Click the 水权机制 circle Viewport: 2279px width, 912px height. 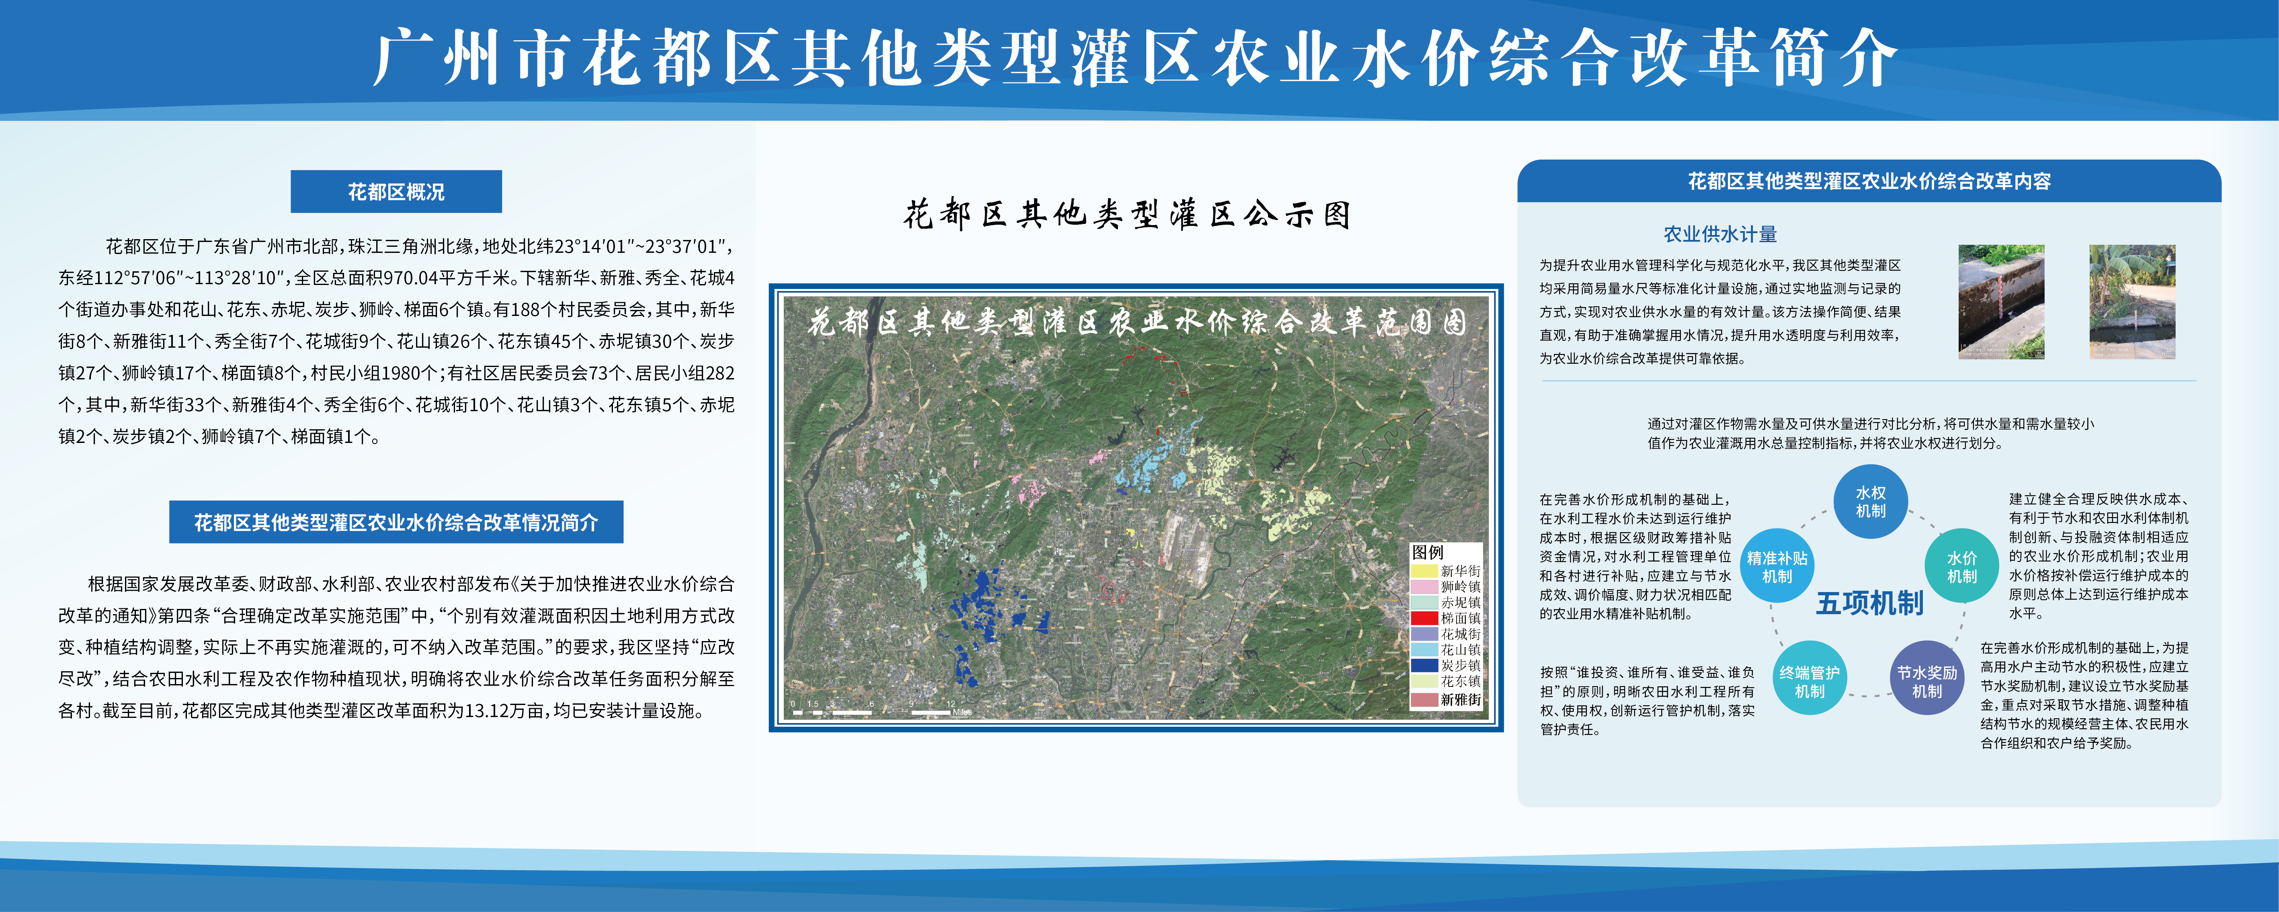(1870, 502)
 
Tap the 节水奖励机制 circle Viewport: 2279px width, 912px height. (1927, 681)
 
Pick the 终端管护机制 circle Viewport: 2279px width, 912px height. (1809, 681)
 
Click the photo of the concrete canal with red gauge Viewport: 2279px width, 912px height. (2001, 301)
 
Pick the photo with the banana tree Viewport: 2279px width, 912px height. (2132, 301)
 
